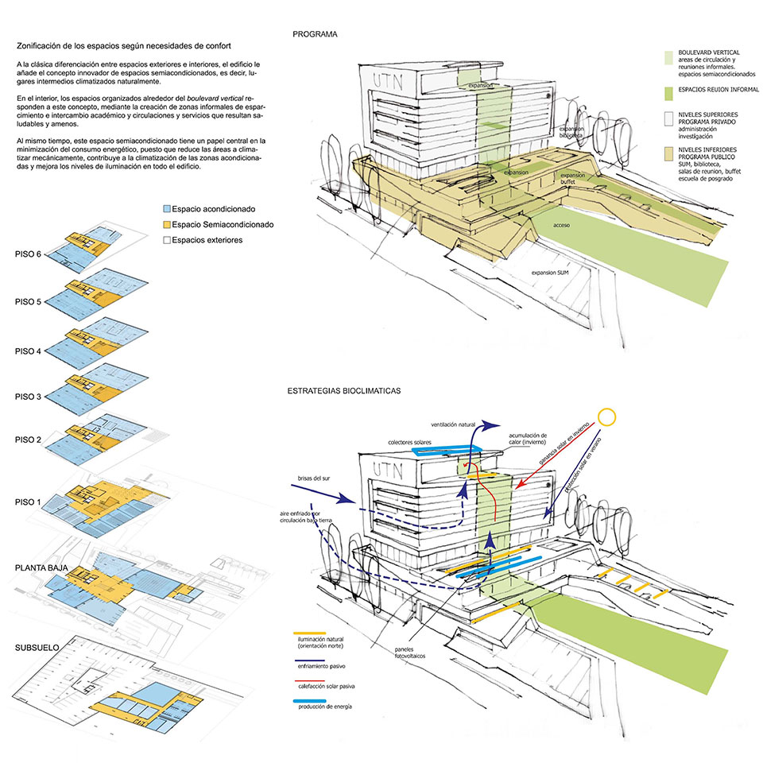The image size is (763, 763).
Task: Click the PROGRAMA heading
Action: tap(315, 34)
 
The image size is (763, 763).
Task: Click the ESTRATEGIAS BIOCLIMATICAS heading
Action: tap(345, 392)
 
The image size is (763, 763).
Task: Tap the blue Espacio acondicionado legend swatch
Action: tap(166, 210)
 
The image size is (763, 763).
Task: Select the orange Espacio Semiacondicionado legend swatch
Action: tap(166, 225)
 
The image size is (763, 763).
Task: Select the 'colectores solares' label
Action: tap(412, 443)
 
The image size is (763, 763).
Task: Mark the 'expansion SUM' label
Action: tap(553, 273)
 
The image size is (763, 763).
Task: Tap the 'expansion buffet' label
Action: tap(573, 178)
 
